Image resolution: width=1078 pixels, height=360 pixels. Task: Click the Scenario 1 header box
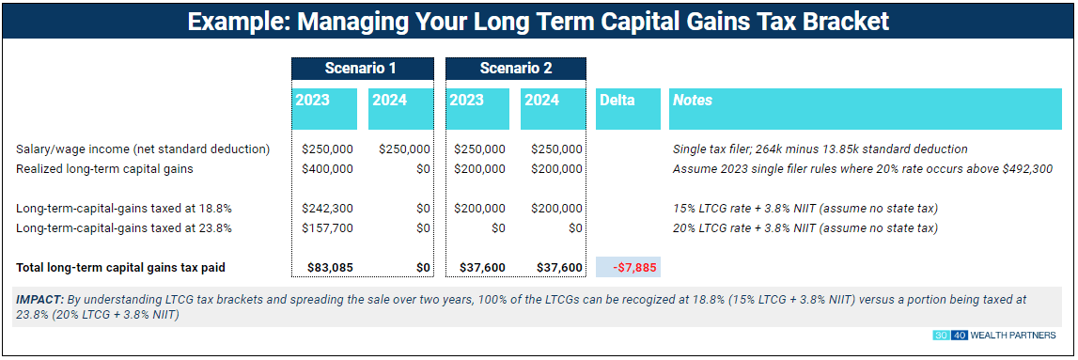click(x=361, y=68)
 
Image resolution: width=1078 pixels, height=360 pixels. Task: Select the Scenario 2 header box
click(x=515, y=68)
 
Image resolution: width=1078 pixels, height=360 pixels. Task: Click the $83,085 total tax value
click(x=330, y=268)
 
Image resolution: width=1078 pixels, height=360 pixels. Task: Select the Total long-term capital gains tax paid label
click(x=120, y=268)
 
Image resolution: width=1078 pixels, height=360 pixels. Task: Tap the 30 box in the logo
click(x=942, y=336)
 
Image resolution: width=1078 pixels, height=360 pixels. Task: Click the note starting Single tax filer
click(x=820, y=149)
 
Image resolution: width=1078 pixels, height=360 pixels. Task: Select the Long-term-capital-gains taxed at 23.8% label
click(x=124, y=227)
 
